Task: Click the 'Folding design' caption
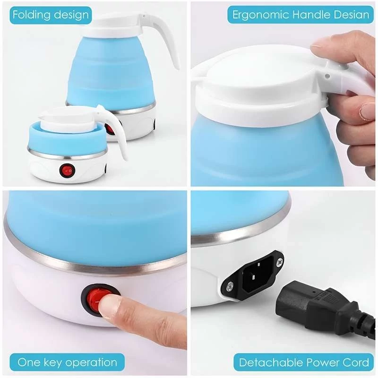coord(51,15)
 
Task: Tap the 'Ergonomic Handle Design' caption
coord(301,15)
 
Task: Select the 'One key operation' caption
coord(67,362)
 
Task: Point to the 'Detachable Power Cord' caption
coord(304,362)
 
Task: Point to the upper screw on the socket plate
coord(280,261)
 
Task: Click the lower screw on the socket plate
coord(230,286)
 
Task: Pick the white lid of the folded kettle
coord(68,120)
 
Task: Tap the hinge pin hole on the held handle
coord(327,76)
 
